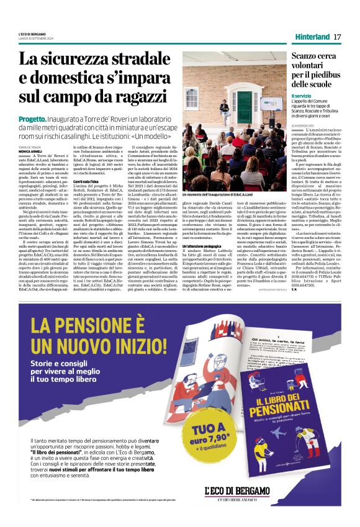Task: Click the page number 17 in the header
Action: coord(337,37)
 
